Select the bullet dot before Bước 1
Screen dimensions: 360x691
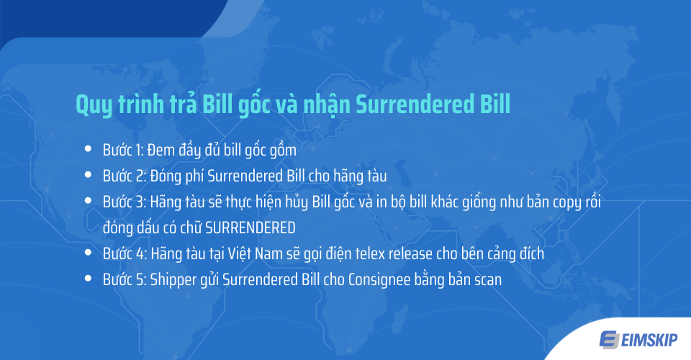(x=88, y=150)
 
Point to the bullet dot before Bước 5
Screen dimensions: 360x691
(x=88, y=279)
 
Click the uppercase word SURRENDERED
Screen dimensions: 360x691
(x=250, y=228)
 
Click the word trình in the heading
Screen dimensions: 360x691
(x=147, y=104)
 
